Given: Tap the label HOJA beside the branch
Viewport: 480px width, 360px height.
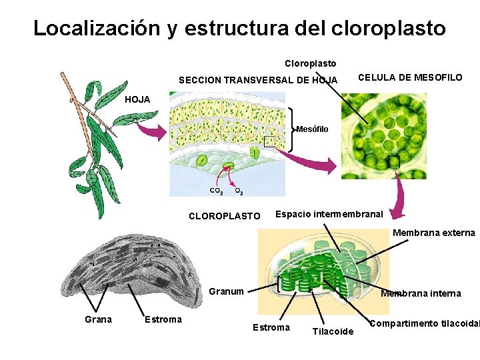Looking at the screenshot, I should (138, 99).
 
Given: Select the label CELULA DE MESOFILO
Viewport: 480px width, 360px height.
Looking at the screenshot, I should (410, 78).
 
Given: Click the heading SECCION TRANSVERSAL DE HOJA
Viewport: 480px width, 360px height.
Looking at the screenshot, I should (257, 81).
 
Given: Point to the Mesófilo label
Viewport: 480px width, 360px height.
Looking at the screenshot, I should (311, 129).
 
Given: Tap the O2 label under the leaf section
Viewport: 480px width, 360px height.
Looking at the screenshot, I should (239, 191).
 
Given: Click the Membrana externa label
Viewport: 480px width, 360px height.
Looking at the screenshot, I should (433, 233).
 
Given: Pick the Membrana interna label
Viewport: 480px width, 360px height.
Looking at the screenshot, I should (421, 293).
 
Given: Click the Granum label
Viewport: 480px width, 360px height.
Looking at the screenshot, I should (226, 291).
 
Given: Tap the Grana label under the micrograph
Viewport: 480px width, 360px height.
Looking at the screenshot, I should (98, 319).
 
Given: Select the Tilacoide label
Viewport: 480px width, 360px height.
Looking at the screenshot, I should (333, 331).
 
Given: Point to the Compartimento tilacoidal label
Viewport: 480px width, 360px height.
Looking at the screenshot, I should (424, 323).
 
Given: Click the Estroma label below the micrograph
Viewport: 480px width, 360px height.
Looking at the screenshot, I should (163, 319).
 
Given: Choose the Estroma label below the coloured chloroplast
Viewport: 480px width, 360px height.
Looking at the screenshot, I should (271, 327).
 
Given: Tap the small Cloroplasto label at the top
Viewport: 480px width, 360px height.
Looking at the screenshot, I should (311, 64).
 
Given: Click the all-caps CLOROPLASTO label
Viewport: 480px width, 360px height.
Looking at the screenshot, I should (225, 216).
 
